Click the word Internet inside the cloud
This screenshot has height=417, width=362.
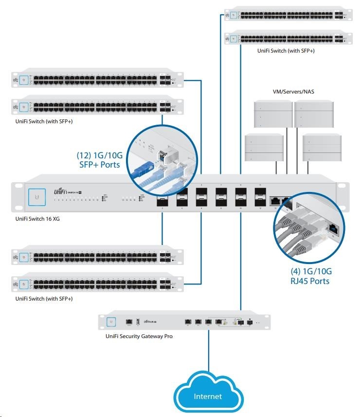[x=208, y=397]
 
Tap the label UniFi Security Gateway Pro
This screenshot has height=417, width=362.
[x=139, y=336]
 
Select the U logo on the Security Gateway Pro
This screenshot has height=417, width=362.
[x=111, y=322]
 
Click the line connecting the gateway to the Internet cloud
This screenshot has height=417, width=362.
[x=209, y=351]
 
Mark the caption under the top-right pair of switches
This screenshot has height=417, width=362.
[x=286, y=51]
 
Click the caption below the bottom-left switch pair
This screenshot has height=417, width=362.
[x=44, y=298]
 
